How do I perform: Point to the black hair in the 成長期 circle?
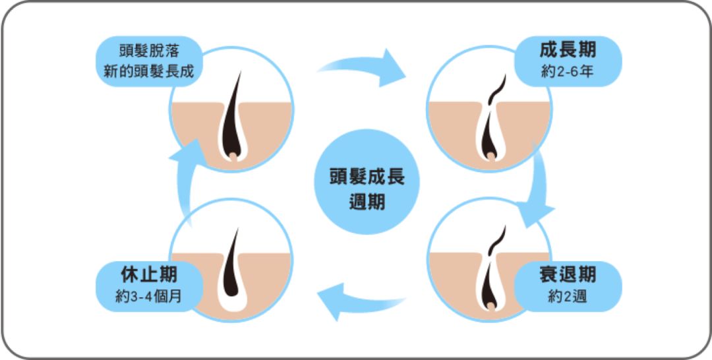pyautogui.click(x=490, y=132)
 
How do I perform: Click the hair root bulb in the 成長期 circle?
pyautogui.click(x=490, y=156)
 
